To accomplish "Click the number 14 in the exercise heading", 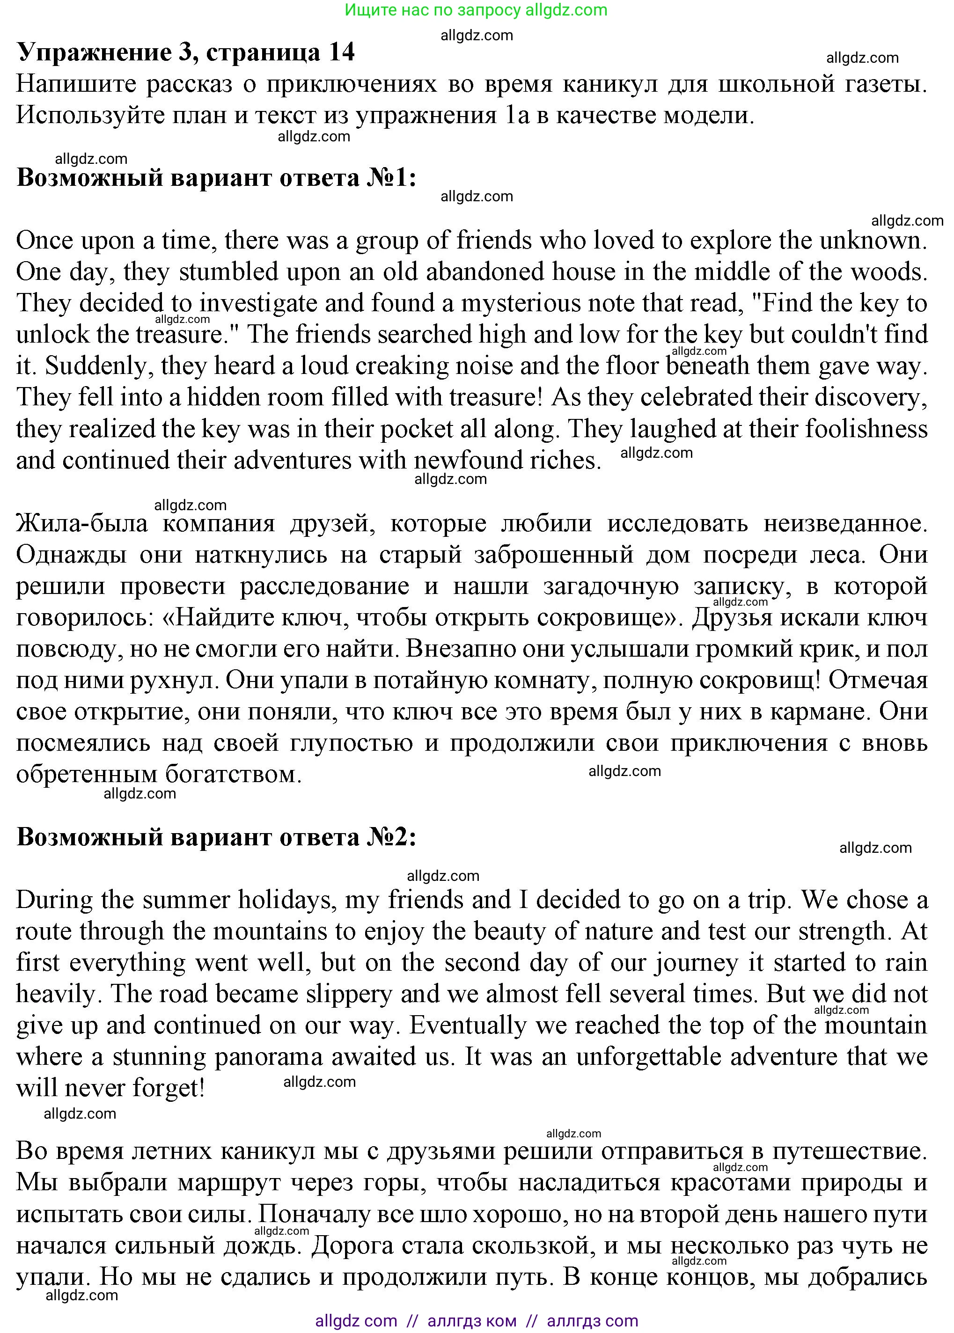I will tap(341, 53).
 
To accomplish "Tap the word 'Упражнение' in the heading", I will tap(95, 53).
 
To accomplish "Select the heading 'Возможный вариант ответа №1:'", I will tap(216, 178).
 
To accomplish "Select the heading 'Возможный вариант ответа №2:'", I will tap(216, 837).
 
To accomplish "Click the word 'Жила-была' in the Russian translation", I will tap(81, 524).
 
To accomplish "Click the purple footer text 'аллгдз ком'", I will tap(472, 1321).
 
